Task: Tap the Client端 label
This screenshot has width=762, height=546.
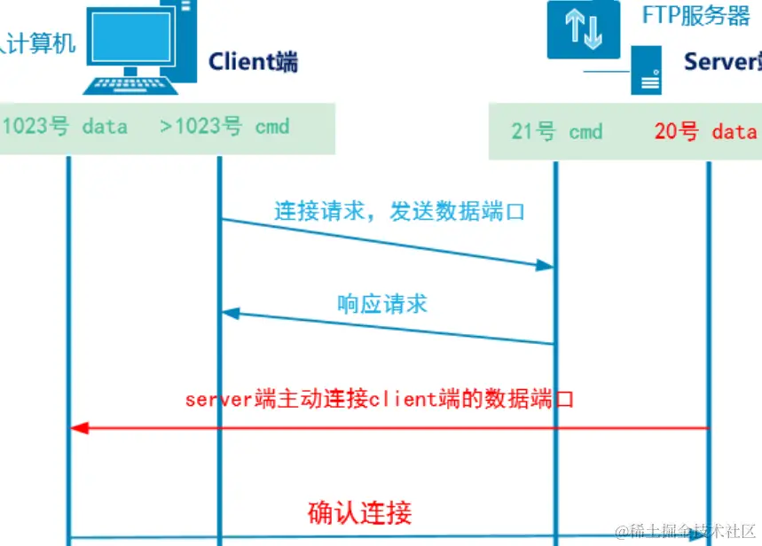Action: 253,61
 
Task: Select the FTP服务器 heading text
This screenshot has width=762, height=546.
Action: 696,16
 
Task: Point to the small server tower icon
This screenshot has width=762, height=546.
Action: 646,71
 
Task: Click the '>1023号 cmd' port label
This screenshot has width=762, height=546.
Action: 224,127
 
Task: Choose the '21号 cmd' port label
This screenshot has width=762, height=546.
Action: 556,132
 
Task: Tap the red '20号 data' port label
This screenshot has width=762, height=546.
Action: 704,132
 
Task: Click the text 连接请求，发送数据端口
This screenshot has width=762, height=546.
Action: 399,212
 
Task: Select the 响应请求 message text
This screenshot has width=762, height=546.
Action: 382,304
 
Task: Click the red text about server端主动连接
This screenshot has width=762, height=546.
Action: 380,399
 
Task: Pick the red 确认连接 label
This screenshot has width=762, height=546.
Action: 359,512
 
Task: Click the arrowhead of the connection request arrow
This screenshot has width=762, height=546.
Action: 546,264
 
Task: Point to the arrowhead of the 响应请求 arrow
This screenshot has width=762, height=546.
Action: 230,313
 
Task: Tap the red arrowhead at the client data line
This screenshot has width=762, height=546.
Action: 79,428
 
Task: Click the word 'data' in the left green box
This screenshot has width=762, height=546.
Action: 105,127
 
